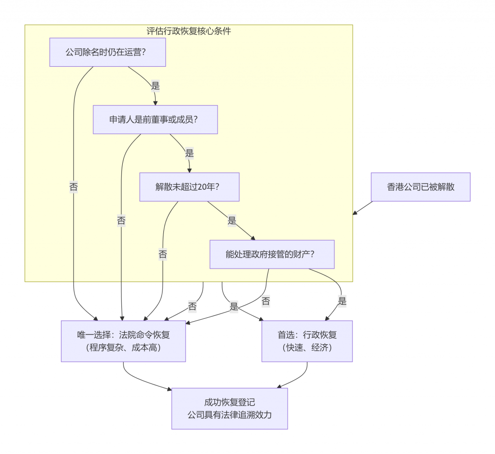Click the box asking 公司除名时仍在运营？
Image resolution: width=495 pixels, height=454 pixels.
pyautogui.click(x=107, y=52)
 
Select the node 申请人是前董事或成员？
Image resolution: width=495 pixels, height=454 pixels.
pyautogui.click(x=155, y=119)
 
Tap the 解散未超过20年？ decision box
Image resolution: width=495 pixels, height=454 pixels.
pyautogui.click(x=189, y=187)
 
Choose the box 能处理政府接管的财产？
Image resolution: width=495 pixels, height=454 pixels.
pyautogui.click(x=272, y=254)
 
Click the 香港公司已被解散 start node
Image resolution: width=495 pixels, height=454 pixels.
pyautogui.click(x=421, y=187)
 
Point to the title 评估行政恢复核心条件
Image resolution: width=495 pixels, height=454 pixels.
pyautogui.click(x=189, y=31)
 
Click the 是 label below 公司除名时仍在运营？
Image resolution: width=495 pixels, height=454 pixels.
pyautogui.click(x=155, y=86)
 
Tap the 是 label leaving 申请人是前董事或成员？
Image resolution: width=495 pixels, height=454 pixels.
pyautogui.click(x=189, y=154)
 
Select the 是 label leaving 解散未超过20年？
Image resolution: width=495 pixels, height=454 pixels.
pyautogui.click(x=232, y=221)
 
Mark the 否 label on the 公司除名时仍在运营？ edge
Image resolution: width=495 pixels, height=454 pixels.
pyautogui.click(x=73, y=187)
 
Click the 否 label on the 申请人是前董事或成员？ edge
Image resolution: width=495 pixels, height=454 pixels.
pyautogui.click(x=121, y=221)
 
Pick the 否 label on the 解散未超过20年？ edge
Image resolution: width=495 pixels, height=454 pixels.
pyautogui.click(x=163, y=255)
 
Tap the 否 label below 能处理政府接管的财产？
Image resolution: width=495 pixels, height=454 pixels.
pyautogui.click(x=265, y=302)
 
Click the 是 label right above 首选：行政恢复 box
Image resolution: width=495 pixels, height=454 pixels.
pyautogui.click(x=342, y=302)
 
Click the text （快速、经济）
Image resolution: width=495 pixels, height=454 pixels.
pyautogui.click(x=307, y=347)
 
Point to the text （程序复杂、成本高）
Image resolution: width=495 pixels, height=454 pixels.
pyautogui.click(x=123, y=347)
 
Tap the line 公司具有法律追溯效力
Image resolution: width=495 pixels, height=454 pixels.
pyautogui.click(x=230, y=414)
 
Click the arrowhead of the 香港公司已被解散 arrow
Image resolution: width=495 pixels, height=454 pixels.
pyautogui.click(x=355, y=213)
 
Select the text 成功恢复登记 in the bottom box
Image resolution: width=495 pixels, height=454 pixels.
pyautogui.click(x=230, y=402)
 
